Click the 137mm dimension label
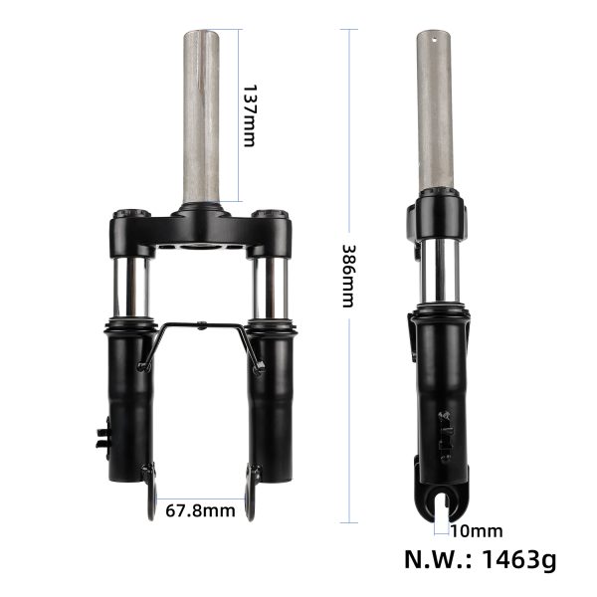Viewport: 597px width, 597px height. (249, 115)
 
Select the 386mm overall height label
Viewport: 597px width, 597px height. (347, 276)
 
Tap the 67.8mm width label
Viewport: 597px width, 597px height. (202, 511)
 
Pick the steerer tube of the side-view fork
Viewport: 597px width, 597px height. (436, 109)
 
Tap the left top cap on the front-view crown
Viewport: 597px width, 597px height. (129, 214)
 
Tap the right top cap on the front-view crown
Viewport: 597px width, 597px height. (266, 214)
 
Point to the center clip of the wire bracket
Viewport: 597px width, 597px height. (201, 324)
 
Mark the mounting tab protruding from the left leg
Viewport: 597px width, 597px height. (101, 434)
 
